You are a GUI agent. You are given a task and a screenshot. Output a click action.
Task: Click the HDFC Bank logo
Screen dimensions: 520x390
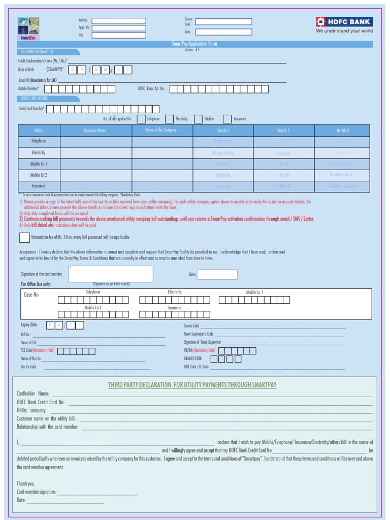[x=344, y=22]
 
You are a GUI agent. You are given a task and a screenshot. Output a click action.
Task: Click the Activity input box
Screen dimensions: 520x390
[x=119, y=21]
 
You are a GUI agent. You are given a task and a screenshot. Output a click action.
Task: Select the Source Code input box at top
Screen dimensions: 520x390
[x=223, y=22]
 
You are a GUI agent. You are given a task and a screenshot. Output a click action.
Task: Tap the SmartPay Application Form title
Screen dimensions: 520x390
[x=194, y=44]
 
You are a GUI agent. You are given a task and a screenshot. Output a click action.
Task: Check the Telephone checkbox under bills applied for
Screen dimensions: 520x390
[x=141, y=119]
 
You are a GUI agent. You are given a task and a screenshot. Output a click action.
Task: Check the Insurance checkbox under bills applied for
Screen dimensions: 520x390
[x=227, y=119]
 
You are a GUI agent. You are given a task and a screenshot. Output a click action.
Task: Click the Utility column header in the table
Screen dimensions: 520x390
[x=39, y=131]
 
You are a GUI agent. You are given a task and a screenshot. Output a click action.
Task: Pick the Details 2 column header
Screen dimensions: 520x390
[x=283, y=131]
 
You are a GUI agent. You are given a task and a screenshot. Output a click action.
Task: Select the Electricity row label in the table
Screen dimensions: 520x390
[x=39, y=152]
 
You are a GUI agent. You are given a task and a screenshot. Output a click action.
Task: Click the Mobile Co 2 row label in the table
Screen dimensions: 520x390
[x=39, y=175]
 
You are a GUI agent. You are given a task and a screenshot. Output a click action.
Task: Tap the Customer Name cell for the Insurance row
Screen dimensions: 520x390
[x=95, y=186]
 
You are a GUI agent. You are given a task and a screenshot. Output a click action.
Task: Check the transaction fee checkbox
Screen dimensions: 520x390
[x=24, y=237]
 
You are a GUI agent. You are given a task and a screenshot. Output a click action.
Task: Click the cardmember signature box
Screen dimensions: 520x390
[x=110, y=274]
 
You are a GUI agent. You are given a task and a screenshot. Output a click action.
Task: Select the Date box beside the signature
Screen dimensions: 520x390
[x=217, y=275]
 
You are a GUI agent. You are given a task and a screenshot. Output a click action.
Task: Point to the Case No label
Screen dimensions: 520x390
[x=31, y=295]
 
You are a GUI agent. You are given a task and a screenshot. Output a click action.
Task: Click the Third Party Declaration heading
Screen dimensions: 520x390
[x=192, y=385]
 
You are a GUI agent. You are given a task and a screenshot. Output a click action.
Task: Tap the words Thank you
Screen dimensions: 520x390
[x=26, y=483]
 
